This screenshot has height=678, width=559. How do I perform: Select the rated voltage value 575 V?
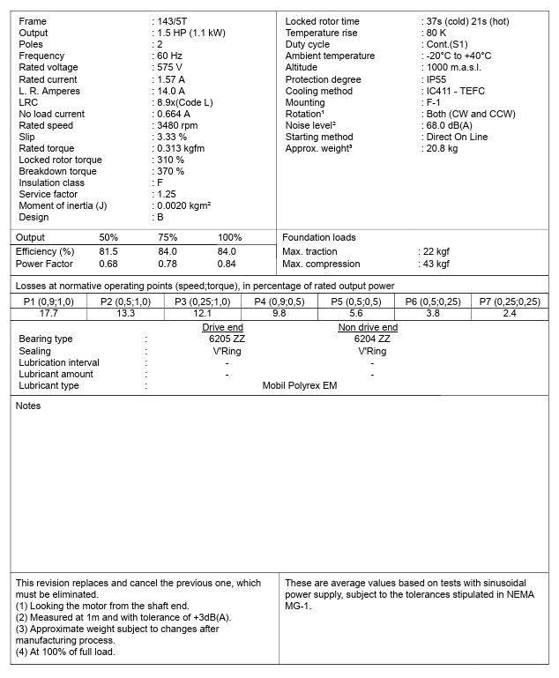[170, 67]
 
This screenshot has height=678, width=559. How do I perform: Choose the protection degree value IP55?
[436, 79]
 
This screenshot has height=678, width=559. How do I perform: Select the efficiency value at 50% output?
[108, 251]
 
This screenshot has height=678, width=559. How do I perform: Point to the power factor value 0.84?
[227, 264]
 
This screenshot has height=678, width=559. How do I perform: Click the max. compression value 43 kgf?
[436, 264]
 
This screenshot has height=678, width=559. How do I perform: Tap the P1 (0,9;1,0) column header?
[49, 302]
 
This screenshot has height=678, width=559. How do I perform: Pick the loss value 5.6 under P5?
[355, 313]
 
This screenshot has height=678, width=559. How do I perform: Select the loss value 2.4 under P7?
[510, 313]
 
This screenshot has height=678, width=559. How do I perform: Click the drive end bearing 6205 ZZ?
[227, 339]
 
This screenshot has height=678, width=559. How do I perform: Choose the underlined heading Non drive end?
[368, 328]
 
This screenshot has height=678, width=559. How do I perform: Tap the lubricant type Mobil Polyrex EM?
[300, 385]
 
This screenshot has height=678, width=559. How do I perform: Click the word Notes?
[28, 406]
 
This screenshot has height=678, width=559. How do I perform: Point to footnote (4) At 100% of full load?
[67, 652]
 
